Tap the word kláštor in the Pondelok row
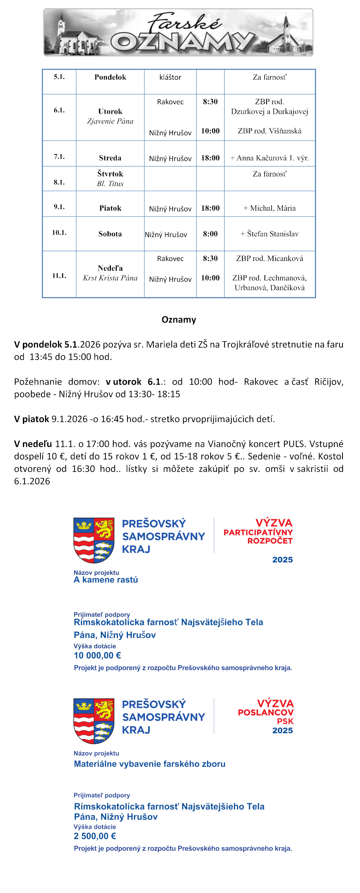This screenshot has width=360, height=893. [x=170, y=77]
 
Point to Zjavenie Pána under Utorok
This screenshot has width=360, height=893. [x=110, y=121]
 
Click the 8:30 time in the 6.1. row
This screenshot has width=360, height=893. [x=210, y=102]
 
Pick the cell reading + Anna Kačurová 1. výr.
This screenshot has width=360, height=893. [x=270, y=158]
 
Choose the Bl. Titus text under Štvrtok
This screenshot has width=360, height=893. [x=110, y=184]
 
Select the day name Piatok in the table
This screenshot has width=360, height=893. [x=110, y=208]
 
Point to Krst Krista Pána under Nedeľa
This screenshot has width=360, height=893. [x=110, y=278]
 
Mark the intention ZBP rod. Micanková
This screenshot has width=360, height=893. [x=270, y=258]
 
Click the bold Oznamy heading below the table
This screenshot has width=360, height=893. [x=179, y=320]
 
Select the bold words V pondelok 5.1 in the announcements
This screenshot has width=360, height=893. [x=45, y=344]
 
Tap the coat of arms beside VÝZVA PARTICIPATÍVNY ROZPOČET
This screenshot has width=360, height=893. [x=94, y=540]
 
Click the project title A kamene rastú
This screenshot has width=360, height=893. [x=106, y=580]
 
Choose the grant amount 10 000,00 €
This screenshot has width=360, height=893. [x=97, y=655]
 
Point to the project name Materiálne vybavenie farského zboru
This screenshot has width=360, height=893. [x=150, y=764]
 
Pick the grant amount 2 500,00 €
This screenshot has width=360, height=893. [x=95, y=836]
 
